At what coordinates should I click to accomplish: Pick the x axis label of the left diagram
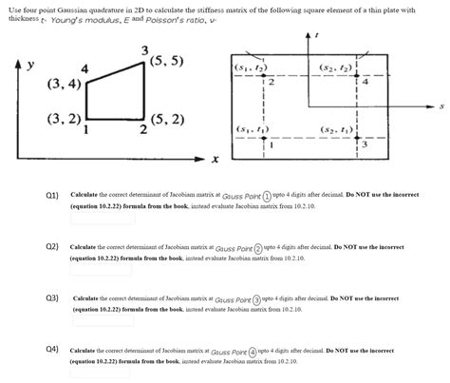(x=216, y=159)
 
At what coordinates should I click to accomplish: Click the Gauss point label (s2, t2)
(x=338, y=68)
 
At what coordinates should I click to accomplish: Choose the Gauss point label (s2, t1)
(x=338, y=129)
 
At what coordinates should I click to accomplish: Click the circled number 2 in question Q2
(x=257, y=247)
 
